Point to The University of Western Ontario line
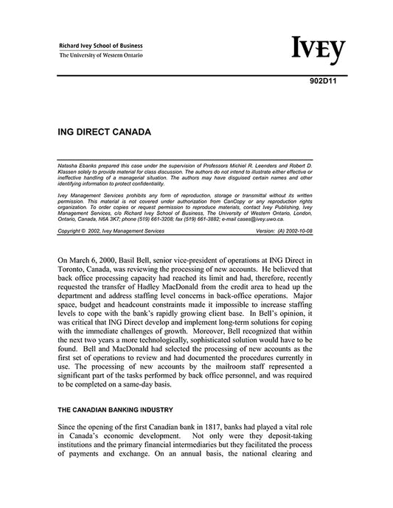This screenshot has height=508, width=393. tap(102, 56)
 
